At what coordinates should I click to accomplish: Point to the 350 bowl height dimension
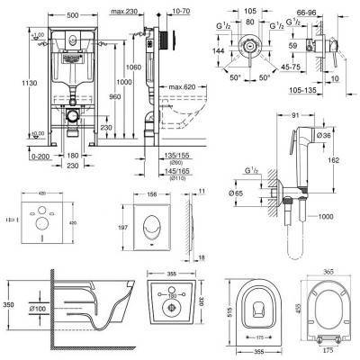(8, 306)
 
